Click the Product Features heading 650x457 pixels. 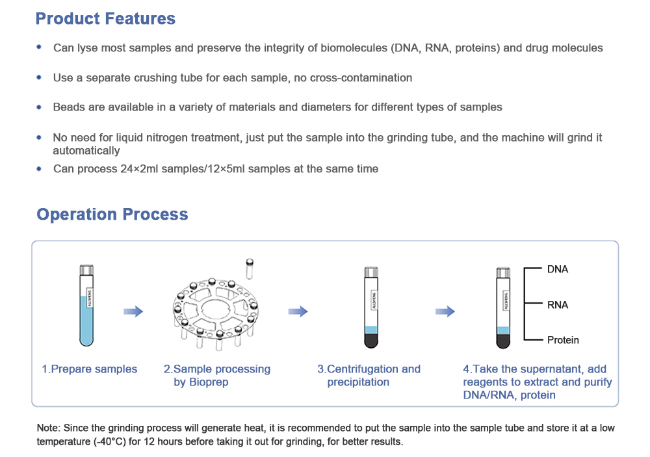click(x=105, y=19)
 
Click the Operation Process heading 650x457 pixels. click(x=112, y=215)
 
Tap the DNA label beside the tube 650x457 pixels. click(x=557, y=269)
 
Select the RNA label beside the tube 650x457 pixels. click(x=557, y=305)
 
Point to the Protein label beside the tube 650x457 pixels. click(x=562, y=340)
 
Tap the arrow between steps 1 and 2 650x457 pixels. click(x=133, y=312)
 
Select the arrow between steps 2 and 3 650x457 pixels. click(x=298, y=312)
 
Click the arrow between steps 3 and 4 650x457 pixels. click(x=445, y=312)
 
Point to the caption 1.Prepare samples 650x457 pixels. click(x=90, y=369)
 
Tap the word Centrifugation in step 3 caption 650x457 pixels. click(x=362, y=369)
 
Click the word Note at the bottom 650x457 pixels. click(x=48, y=428)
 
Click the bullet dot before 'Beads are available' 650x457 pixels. click(x=39, y=107)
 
